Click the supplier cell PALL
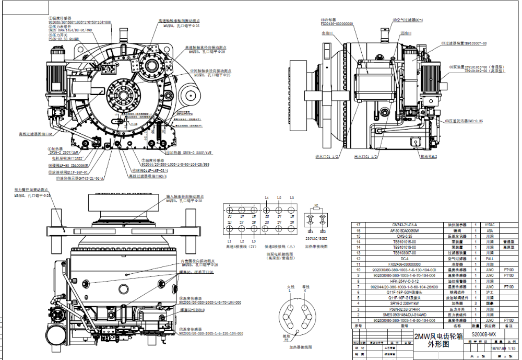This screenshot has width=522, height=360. point(489,258)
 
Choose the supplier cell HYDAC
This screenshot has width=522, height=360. point(489,225)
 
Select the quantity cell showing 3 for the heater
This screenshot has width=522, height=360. point(476,303)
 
